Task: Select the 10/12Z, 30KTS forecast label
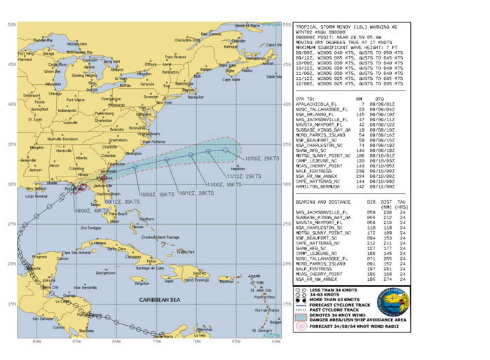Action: point(196,193)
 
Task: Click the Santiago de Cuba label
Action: point(149,268)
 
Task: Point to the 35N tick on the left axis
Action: point(11,144)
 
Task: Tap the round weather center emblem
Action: point(393,303)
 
